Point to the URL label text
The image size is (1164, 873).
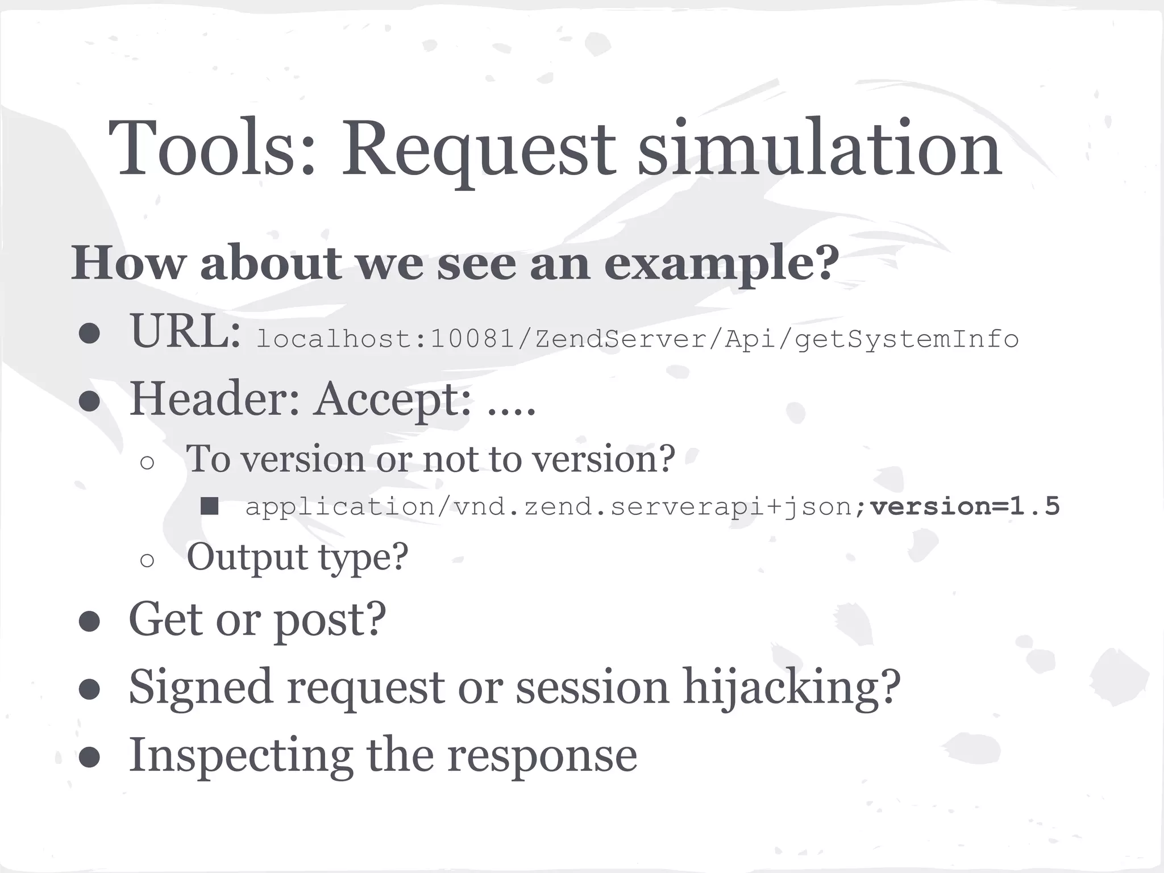coord(185,332)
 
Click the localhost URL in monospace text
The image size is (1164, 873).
coord(637,339)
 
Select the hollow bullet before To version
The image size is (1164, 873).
coord(147,463)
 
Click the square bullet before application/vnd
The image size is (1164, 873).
coord(210,506)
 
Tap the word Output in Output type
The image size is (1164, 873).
coord(247,557)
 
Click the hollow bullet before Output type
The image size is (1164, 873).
coord(147,560)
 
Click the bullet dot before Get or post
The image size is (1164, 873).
coord(90,622)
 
